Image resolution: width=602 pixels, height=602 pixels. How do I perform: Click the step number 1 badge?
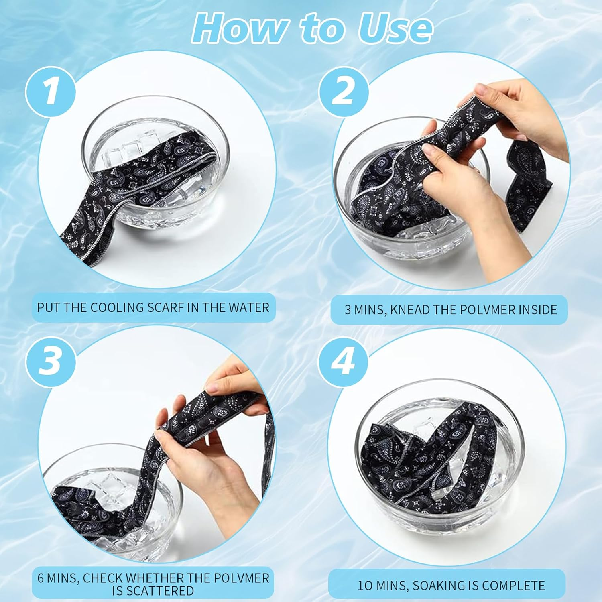51,92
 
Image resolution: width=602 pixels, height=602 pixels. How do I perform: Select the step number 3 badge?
51,360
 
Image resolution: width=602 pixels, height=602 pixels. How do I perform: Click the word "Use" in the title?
395,28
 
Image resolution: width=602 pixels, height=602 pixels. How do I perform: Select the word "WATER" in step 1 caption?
249,307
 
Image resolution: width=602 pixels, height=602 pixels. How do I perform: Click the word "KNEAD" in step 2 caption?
409,310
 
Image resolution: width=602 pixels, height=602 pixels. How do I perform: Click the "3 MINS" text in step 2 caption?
364,310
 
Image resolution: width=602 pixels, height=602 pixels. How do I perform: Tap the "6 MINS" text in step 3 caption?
57,578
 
